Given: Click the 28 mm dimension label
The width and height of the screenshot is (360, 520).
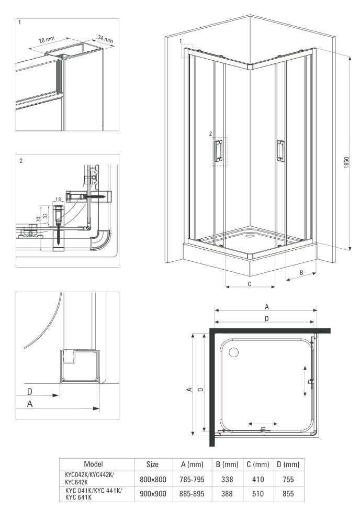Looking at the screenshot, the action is point(47,40).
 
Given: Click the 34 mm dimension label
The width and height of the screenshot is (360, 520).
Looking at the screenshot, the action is point(105,39).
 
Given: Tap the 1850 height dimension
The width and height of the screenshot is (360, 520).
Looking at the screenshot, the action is point(346,162).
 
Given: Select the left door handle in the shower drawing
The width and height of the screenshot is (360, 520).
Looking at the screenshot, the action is point(218,151).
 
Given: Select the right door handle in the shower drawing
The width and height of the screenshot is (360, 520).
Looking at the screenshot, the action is point(280,151).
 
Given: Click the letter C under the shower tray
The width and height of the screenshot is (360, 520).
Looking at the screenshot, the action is point(249,284).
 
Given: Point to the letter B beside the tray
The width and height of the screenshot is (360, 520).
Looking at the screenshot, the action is point(301,273).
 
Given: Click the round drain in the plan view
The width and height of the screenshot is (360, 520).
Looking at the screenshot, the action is point(234,352).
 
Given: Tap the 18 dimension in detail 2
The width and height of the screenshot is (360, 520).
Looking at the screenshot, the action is point(58,200).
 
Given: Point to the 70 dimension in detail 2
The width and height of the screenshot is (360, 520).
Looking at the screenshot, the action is point(38,219).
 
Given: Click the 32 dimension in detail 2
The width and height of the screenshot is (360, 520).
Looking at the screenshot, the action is point(46,215).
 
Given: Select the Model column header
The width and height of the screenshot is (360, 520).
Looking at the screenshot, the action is point(94,464).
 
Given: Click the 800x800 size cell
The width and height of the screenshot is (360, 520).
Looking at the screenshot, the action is point(153,479).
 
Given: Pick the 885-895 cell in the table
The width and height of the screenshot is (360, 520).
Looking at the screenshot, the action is point(192,494).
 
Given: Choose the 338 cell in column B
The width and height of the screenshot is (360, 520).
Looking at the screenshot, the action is point(227,479).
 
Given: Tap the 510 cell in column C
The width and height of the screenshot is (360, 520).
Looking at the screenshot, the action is point(258,494).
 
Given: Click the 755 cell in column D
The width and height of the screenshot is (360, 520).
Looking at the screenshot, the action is point(288,479).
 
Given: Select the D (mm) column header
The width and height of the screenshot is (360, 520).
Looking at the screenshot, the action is point(288,464).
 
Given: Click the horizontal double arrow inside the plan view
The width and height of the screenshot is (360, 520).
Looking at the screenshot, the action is point(263,424).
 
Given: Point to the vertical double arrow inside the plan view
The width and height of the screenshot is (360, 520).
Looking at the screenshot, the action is point(305,381).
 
